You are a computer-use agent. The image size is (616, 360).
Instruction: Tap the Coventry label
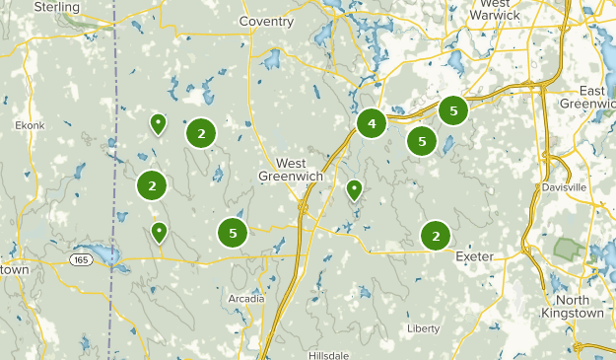click(267, 21)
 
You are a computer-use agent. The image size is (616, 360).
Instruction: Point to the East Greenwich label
click(587, 97)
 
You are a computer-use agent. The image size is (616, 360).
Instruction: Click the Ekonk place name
click(30, 125)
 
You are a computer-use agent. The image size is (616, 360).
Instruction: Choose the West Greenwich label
click(291, 170)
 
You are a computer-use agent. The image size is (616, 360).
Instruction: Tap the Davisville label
click(564, 186)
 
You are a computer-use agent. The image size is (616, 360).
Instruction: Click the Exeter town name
click(474, 256)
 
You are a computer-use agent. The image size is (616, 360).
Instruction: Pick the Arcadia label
click(245, 298)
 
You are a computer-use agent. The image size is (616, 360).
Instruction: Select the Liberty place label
click(423, 328)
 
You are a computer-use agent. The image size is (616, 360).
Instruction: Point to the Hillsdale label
click(330, 354)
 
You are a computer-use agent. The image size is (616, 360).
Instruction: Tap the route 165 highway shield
click(81, 258)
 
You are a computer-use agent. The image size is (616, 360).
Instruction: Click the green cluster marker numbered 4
click(372, 123)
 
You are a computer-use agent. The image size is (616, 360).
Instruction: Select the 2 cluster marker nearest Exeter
click(436, 235)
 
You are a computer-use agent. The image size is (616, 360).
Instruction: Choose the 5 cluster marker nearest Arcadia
click(233, 233)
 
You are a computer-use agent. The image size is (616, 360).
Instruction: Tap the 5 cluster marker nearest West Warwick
click(452, 110)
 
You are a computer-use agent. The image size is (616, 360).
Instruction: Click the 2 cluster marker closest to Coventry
click(201, 133)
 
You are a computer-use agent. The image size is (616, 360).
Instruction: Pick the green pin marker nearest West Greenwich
click(355, 188)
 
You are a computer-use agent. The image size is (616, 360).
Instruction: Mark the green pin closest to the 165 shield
click(159, 232)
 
